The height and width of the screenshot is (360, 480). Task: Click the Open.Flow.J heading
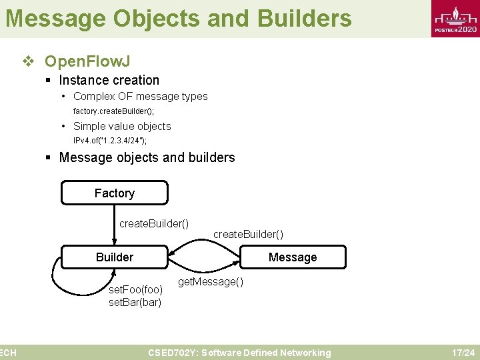point(87,62)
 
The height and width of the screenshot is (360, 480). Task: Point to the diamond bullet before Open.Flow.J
point(28,62)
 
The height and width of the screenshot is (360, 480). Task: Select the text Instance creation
point(109,81)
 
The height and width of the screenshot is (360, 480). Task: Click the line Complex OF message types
point(140,97)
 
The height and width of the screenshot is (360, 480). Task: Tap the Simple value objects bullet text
point(122,127)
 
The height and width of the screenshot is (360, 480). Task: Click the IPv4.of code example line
point(110,141)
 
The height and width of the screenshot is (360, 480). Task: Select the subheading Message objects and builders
point(147,158)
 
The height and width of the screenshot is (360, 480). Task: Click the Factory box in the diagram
point(115,193)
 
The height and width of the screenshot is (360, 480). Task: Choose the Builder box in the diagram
point(115,257)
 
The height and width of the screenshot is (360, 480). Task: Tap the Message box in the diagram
point(293,257)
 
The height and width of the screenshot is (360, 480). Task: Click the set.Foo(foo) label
point(135,290)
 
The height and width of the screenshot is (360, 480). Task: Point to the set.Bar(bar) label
point(135,303)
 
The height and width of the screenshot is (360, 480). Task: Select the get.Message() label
point(211,282)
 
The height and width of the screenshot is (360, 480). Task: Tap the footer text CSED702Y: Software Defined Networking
point(239,353)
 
